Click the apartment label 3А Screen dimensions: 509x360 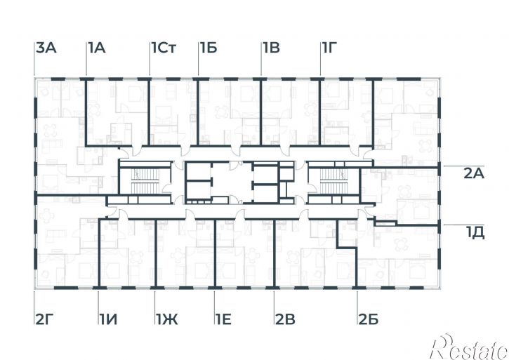tap(46, 48)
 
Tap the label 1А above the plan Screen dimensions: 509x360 tap(97, 48)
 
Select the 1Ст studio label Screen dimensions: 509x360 tap(164, 48)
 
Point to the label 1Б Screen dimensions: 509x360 tap(209, 48)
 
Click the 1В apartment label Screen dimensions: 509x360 tap(272, 48)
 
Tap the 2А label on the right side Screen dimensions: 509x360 tap(474, 174)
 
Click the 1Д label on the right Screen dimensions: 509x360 tap(475, 233)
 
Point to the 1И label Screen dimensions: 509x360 tap(108, 319)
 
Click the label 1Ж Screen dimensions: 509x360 tap(167, 319)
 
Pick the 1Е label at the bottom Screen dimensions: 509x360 tap(223, 319)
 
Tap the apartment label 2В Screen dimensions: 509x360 tap(285, 319)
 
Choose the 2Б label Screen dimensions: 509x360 tap(369, 319)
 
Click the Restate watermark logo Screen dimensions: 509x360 tap(469, 347)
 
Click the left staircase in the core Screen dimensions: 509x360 tap(145, 180)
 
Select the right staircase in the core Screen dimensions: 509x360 tap(334, 180)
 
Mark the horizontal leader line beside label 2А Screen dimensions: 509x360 tap(464, 166)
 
